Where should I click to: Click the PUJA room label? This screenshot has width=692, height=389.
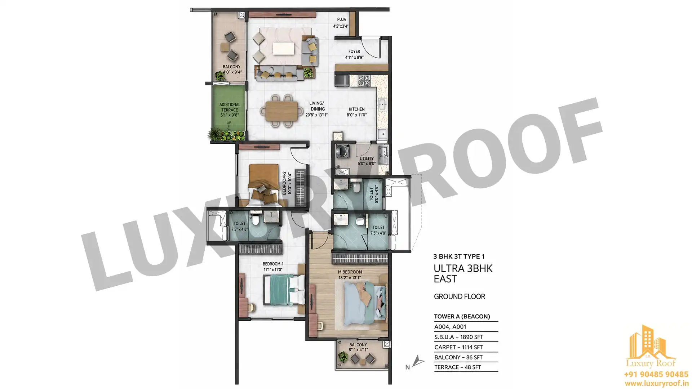[341, 19]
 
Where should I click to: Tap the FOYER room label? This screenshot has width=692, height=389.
[354, 52]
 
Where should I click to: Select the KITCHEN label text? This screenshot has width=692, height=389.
[356, 109]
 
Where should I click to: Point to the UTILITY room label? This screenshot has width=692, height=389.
[367, 158]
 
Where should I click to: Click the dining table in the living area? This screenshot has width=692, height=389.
[281, 111]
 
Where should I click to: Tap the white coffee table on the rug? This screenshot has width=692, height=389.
[283, 49]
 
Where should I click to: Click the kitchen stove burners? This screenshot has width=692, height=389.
[364, 80]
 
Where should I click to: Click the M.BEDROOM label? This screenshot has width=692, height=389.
[350, 272]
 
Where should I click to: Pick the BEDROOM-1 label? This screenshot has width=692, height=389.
[273, 264]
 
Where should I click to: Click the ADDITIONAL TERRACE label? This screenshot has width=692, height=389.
[230, 107]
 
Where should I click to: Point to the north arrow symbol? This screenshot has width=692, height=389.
[418, 361]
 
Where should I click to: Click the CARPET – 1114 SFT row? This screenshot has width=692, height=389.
[458, 347]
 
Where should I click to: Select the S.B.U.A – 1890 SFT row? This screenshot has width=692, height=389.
[458, 337]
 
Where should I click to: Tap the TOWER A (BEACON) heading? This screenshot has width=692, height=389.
[462, 317]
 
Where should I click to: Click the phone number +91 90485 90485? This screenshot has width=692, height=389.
[656, 375]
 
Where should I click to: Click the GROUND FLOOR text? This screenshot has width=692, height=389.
[460, 296]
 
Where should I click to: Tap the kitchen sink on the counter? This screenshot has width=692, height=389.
[382, 105]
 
